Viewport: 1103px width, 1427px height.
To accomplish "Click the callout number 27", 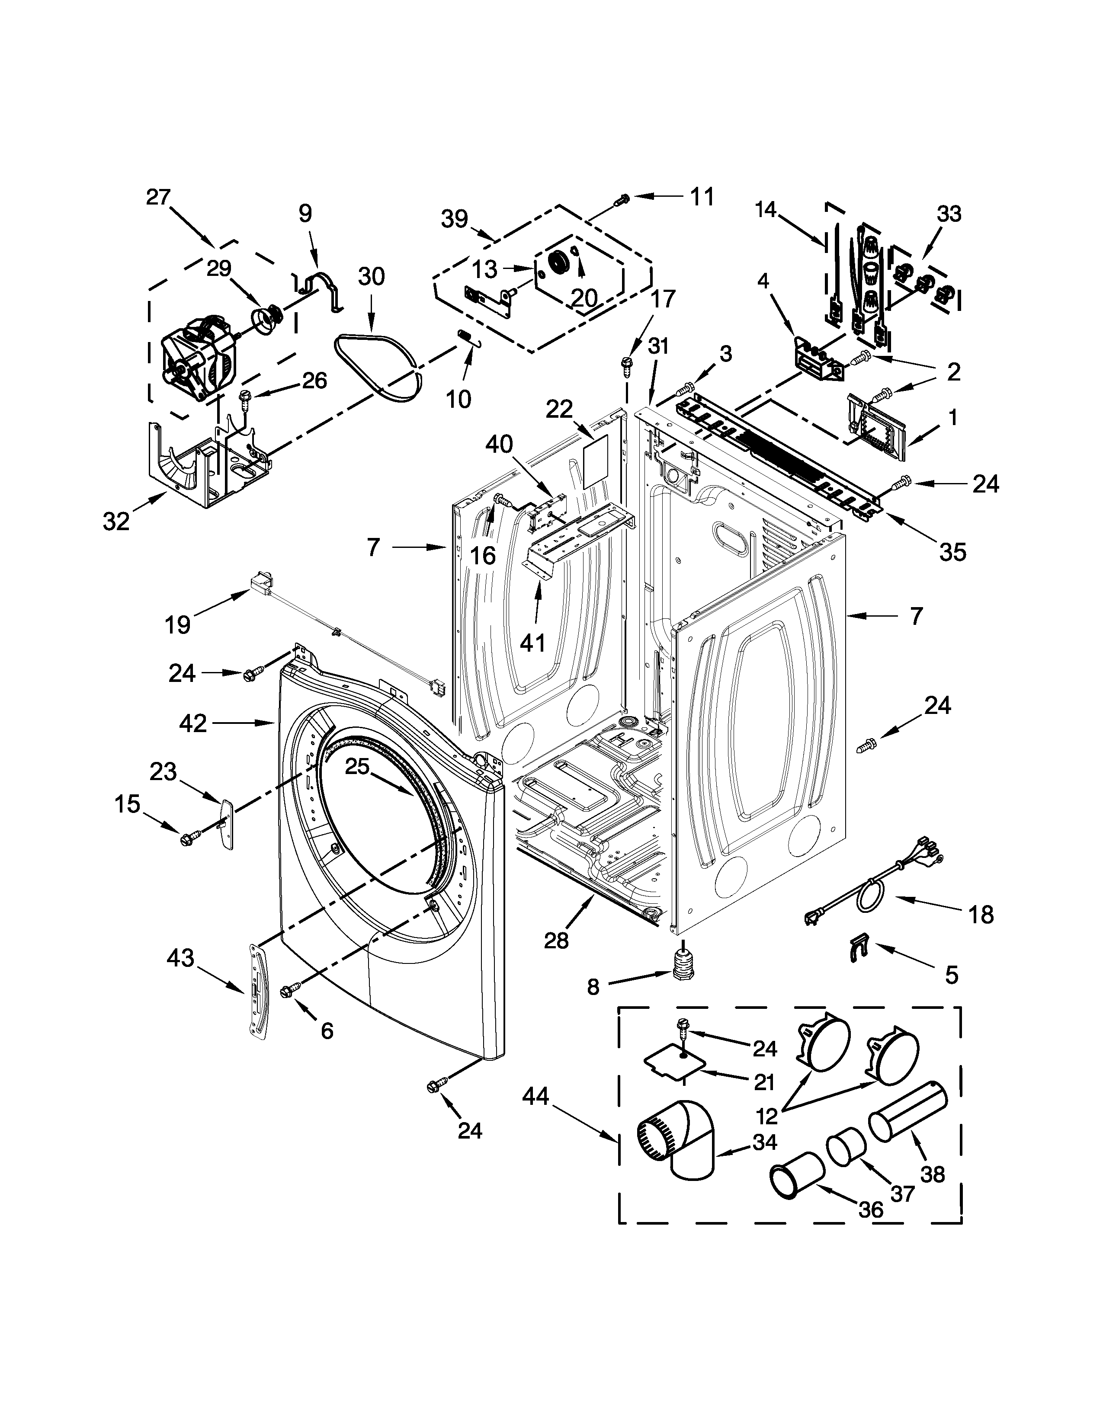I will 158,197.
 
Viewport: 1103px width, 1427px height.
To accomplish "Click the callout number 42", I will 193,723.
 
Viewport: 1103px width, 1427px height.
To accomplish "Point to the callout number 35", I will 952,552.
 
